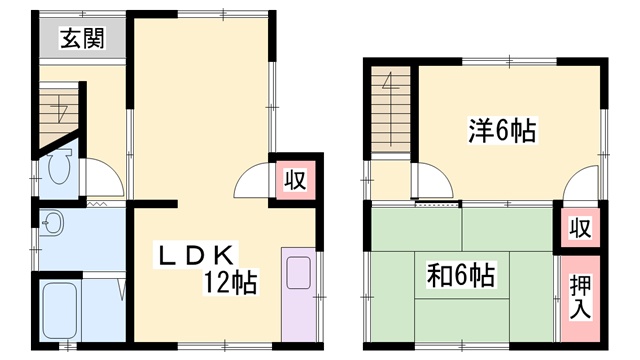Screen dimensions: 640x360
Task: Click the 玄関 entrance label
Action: coord(83,38)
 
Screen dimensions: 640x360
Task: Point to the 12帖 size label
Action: coord(231,282)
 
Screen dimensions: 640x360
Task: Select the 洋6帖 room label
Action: coord(502,130)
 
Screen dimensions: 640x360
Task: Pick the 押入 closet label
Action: coord(580,297)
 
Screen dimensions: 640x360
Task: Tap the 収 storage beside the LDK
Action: coord(295,180)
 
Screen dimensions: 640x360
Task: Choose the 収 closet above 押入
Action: coord(580,228)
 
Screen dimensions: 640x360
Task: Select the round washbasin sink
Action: coord(53,223)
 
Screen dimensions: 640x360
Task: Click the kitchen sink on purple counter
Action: coord(298,272)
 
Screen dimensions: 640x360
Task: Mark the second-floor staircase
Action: coord(391,109)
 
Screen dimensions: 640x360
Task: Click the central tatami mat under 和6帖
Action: coord(462,276)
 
